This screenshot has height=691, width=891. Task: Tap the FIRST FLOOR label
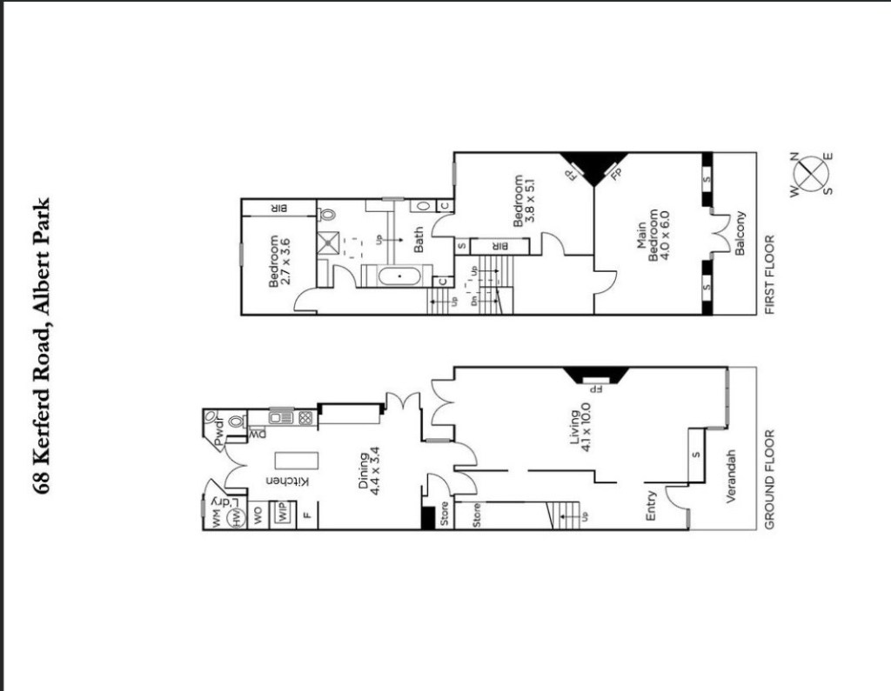point(770,275)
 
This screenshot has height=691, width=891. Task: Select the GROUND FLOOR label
point(770,480)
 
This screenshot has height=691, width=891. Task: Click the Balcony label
point(740,233)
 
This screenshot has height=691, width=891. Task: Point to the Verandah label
point(731,476)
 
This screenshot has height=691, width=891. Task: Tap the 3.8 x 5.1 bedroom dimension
point(530,201)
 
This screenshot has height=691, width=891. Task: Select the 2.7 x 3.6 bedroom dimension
point(286,261)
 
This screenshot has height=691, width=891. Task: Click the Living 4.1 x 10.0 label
point(580,427)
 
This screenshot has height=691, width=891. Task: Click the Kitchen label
point(288,482)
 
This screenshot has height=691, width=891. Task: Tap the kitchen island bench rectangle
point(297,460)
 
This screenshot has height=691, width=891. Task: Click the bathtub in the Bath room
point(399,276)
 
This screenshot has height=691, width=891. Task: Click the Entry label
point(651,506)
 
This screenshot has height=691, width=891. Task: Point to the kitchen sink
point(281,418)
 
